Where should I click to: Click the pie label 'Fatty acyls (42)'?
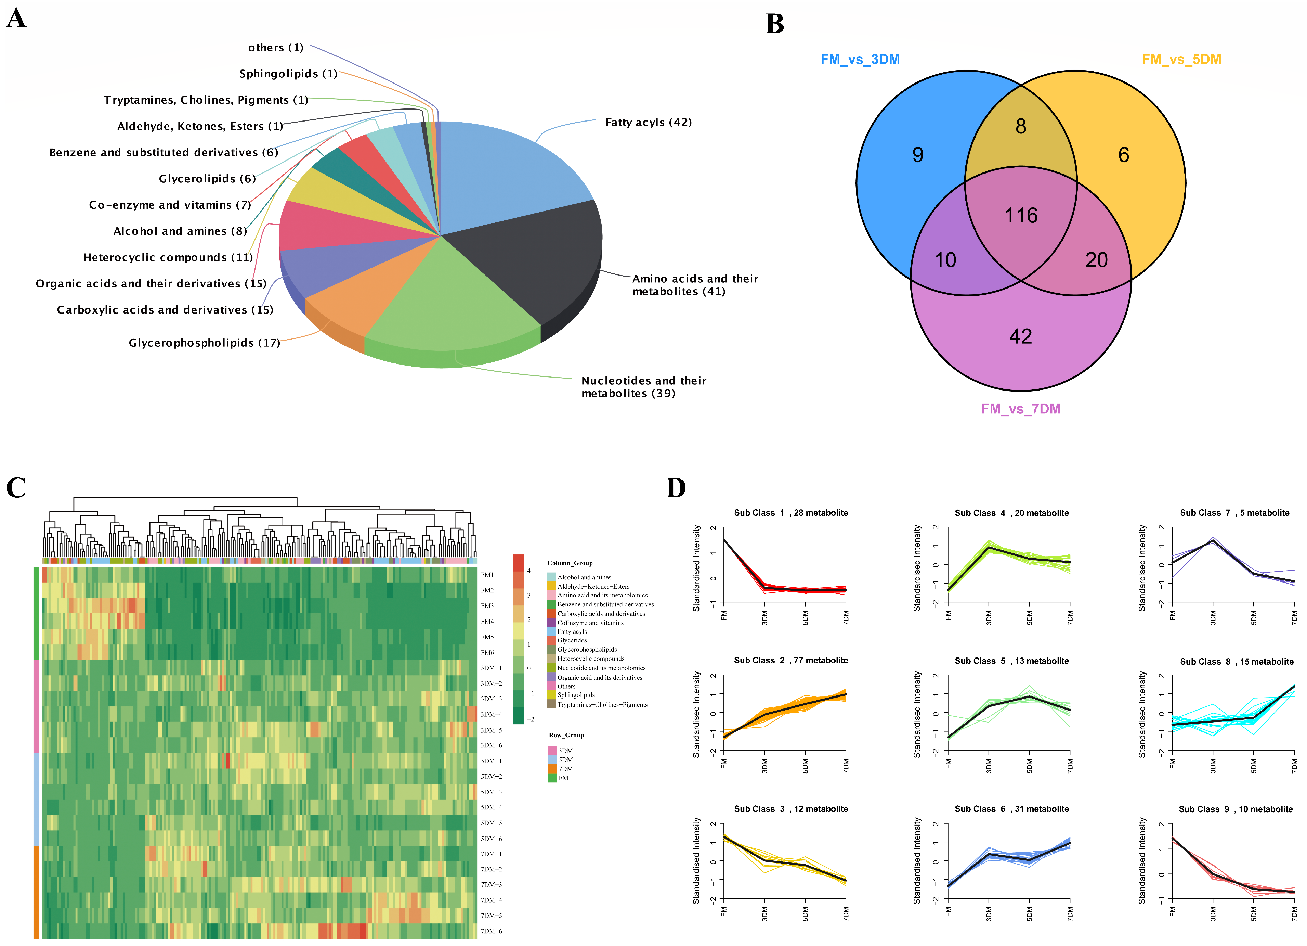coord(648,122)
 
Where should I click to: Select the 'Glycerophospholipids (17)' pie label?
coord(204,343)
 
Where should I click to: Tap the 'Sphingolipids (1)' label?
coord(288,74)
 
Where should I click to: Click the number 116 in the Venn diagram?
coord(1021,216)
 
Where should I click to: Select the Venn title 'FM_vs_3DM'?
coord(860,59)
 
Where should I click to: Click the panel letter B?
coord(774,24)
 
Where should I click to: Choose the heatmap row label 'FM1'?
coord(487,575)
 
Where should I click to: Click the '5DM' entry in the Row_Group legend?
coord(565,760)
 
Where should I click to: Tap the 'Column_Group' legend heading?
coord(570,563)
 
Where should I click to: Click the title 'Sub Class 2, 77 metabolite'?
coord(790,661)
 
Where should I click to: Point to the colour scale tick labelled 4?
coord(528,571)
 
